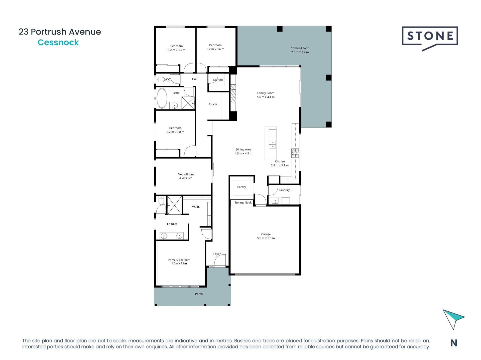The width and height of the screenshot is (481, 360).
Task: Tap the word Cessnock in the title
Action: (58, 42)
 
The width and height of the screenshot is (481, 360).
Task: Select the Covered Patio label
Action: (300, 48)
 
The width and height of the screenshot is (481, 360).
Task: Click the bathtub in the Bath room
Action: (162, 98)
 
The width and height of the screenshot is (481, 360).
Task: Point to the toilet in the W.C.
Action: (160, 80)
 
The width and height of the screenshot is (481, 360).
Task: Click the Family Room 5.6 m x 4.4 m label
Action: (266, 95)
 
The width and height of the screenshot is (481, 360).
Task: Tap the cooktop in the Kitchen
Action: (295, 153)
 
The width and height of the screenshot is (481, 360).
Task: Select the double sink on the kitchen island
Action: (273, 144)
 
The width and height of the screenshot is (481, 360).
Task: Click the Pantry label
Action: (242, 187)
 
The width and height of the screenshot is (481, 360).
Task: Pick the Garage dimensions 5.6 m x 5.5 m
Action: (266, 238)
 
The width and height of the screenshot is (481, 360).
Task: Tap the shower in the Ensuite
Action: (174, 205)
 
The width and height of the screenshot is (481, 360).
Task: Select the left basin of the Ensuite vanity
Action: (164, 235)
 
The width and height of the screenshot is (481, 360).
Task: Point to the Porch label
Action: (199, 294)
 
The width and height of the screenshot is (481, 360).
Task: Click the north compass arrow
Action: (453, 319)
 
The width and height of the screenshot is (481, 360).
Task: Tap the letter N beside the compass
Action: (454, 343)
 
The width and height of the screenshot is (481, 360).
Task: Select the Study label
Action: (213, 104)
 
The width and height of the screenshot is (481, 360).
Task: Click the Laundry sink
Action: (275, 201)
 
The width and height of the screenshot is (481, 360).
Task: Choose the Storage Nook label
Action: (243, 203)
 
